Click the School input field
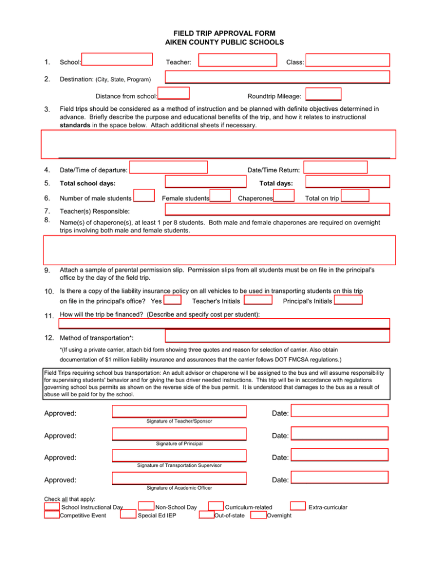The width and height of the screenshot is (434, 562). [118, 60]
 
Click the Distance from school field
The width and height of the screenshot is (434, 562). [173, 94]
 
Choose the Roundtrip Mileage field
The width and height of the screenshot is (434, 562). [325, 94]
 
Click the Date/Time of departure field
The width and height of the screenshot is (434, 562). [168, 167]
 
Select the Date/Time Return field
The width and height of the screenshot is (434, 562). [337, 167]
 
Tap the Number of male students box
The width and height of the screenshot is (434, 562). [145, 196]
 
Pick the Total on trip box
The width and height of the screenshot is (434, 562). [355, 196]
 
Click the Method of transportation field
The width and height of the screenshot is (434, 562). [277, 336]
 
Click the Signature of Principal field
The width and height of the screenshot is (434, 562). [179, 434]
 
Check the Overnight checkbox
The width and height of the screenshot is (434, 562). [259, 515]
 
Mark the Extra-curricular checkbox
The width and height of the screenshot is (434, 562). [298, 506]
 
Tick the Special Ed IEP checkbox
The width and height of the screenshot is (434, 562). [128, 515]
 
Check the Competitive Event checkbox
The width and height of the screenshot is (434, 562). [52, 515]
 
